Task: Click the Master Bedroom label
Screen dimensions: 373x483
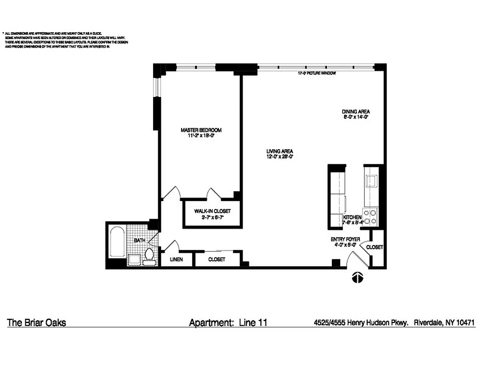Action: click(x=201, y=130)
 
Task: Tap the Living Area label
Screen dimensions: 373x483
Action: click(x=280, y=152)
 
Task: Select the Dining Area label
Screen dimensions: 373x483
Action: click(x=356, y=112)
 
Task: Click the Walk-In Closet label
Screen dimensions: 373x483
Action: click(x=212, y=211)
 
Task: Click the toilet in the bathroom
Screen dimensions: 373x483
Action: click(x=149, y=255)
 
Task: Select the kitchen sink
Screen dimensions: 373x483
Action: click(x=371, y=181)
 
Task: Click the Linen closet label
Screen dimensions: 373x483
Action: click(x=175, y=259)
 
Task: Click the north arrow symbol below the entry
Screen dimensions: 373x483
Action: click(x=357, y=278)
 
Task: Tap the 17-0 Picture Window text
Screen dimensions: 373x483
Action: click(x=317, y=74)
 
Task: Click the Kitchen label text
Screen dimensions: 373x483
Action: click(x=352, y=218)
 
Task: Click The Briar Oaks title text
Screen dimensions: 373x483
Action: click(x=36, y=323)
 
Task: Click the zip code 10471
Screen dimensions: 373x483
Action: click(x=466, y=322)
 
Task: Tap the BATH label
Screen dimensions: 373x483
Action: click(x=140, y=241)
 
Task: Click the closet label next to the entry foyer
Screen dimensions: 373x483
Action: click(x=374, y=247)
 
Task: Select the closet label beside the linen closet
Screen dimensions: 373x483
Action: click(x=217, y=259)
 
